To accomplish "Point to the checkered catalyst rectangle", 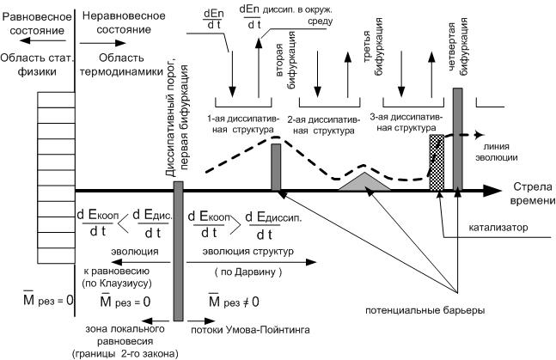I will pyautogui.click(x=436, y=162).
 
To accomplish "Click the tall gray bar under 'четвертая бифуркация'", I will pyautogui.click(x=457, y=137).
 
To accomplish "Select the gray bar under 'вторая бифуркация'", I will pyautogui.click(x=276, y=167).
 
